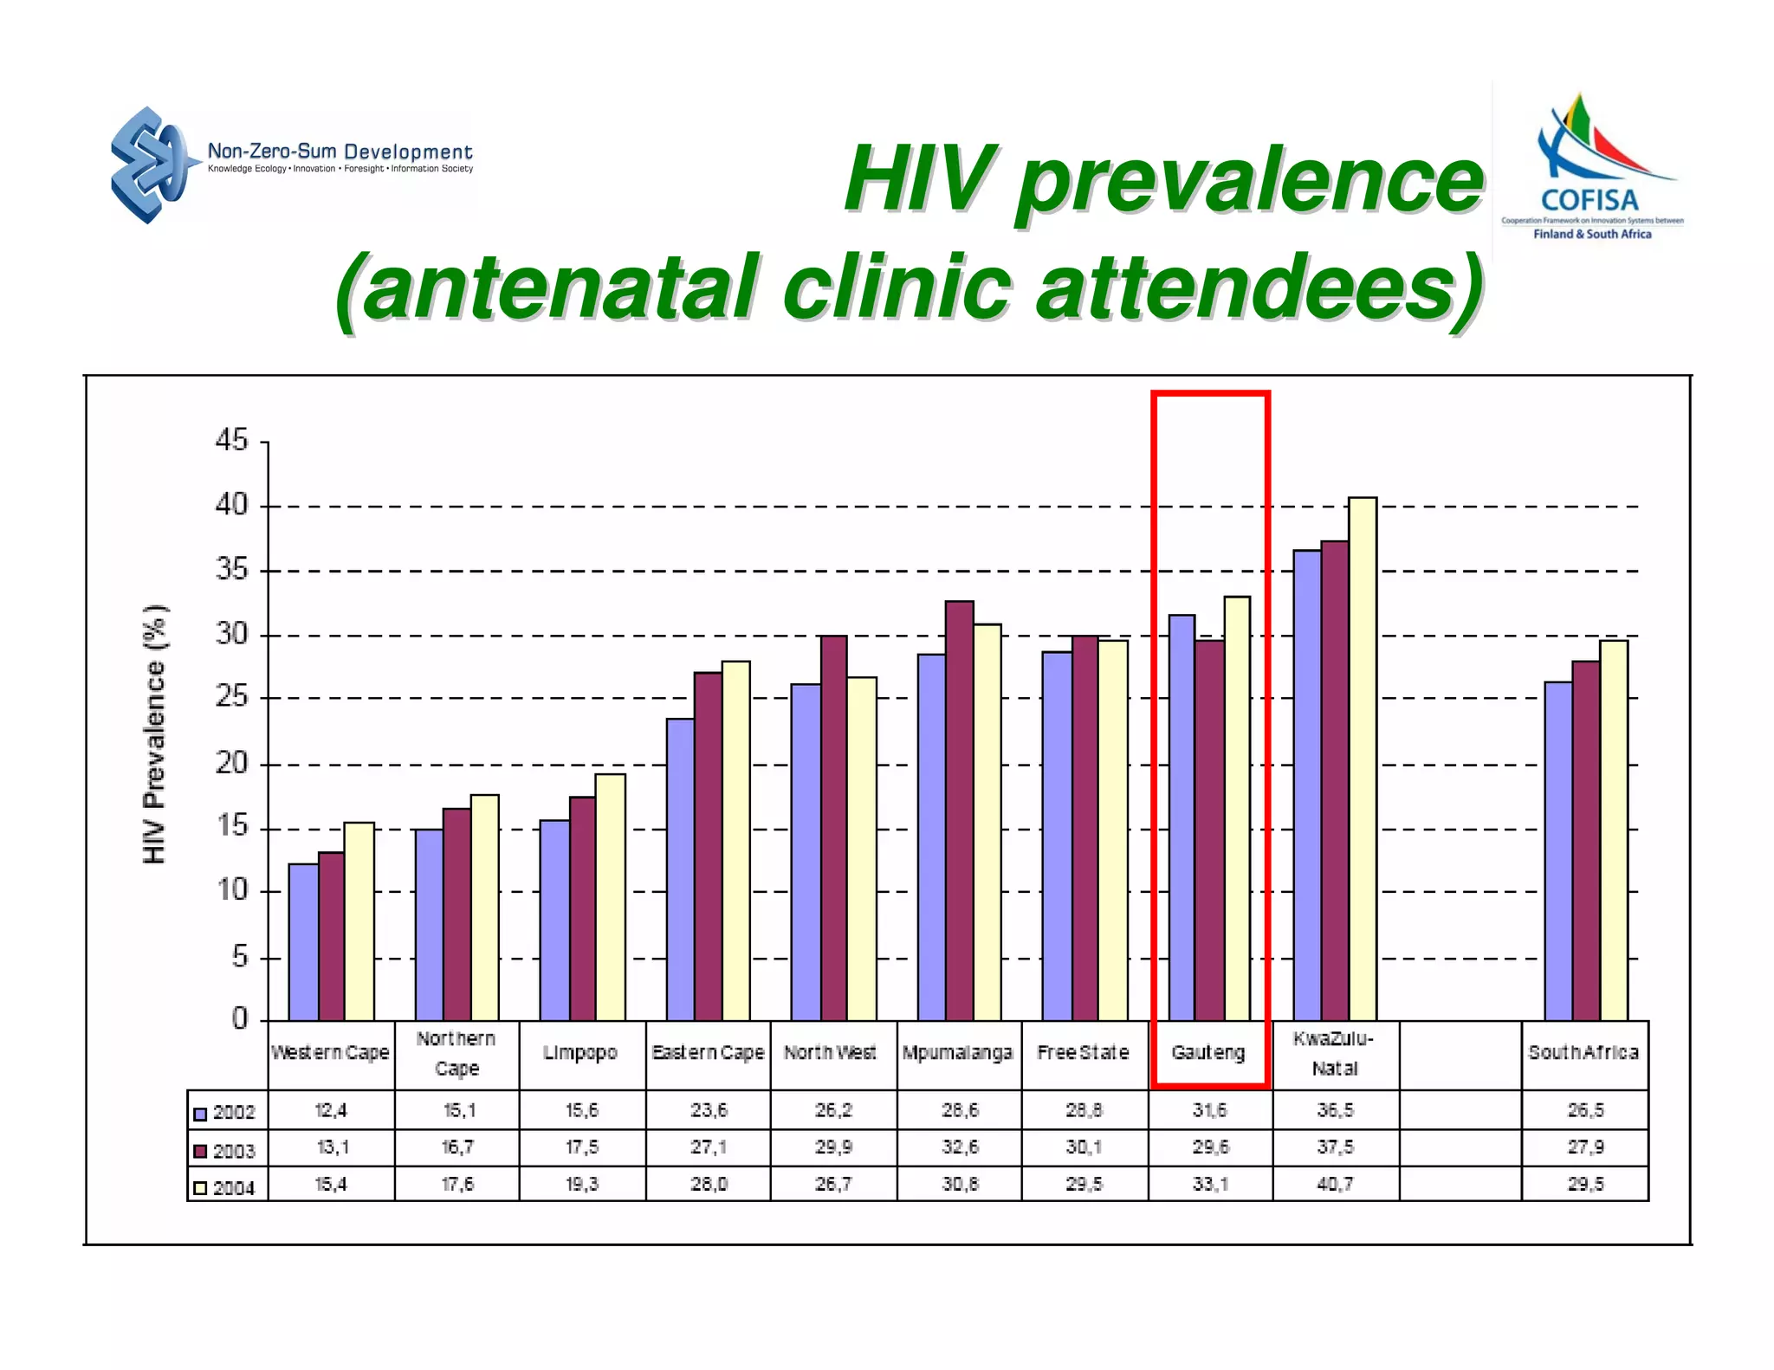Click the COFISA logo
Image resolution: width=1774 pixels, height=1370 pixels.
coord(1591,170)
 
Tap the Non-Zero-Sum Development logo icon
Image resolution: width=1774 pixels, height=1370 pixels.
coord(149,165)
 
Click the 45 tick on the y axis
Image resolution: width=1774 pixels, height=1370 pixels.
coord(231,441)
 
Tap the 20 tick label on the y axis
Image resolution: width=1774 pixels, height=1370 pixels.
coord(231,764)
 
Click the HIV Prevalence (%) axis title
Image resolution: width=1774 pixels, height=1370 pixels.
coord(154,733)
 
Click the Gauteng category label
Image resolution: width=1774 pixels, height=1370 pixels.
coord(1208,1053)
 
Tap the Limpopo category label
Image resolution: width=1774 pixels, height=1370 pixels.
coord(580,1053)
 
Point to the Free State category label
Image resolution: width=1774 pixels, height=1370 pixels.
coord(1083,1053)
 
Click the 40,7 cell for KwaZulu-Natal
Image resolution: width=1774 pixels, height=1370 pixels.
coord(1335,1184)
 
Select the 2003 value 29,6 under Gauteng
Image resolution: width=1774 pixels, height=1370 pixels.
coord(1210,1147)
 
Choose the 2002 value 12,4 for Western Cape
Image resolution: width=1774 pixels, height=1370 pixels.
coord(331,1110)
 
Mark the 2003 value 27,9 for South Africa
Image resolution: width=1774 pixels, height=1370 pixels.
coord(1585,1147)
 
